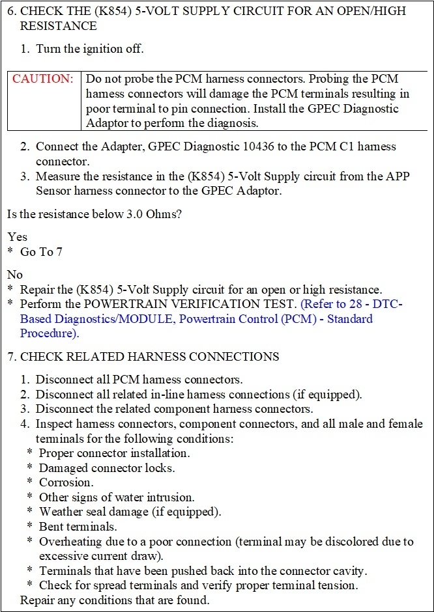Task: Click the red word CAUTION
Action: tap(43, 79)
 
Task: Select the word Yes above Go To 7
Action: tap(18, 237)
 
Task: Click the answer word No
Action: tap(15, 274)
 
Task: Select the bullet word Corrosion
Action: tap(66, 482)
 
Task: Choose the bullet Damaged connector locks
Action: tap(106, 467)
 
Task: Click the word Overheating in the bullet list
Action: tap(70, 541)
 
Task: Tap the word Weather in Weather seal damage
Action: tap(62, 512)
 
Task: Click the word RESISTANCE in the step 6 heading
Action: tap(58, 26)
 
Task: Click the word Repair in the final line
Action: tap(38, 600)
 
